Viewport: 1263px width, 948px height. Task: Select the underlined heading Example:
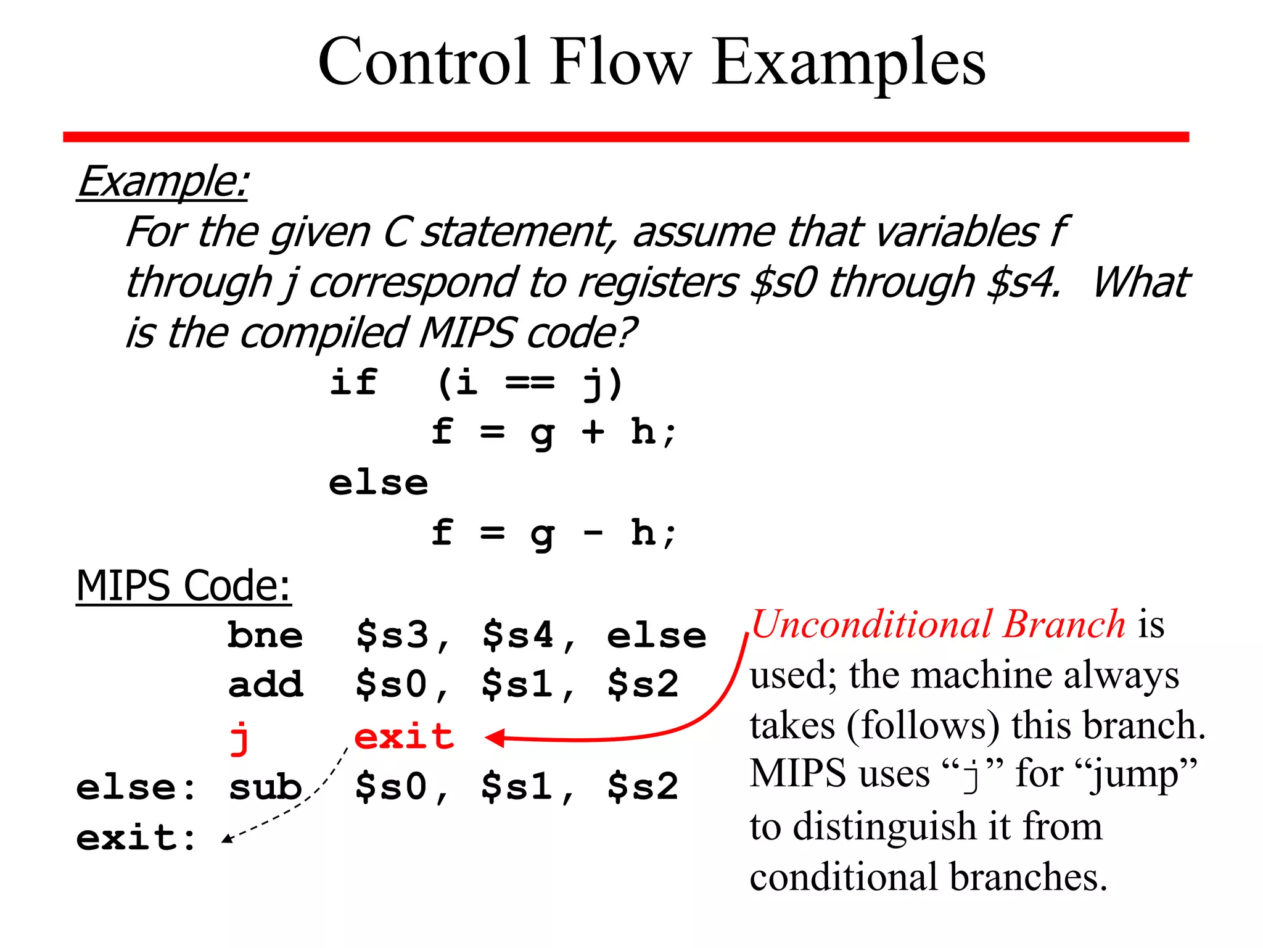click(163, 181)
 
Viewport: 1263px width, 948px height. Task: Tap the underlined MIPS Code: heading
click(183, 585)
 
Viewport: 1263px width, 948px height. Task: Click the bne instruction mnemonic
click(265, 635)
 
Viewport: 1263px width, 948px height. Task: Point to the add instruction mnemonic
click(266, 684)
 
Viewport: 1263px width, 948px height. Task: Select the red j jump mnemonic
click(240, 738)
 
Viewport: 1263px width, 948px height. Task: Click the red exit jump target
click(404, 736)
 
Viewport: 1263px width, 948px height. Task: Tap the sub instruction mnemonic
click(265, 787)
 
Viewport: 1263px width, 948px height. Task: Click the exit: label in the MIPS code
click(136, 838)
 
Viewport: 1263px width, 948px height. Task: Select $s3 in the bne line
click(392, 635)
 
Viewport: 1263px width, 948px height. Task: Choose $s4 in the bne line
click(518, 635)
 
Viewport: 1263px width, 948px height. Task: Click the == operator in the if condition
click(530, 383)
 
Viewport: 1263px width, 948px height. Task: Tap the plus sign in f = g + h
click(593, 431)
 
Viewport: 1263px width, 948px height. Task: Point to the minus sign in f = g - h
click(593, 532)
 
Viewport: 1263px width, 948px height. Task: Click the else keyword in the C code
click(378, 483)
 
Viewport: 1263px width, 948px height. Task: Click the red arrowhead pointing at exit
click(495, 738)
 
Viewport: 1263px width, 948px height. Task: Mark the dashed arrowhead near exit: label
click(227, 838)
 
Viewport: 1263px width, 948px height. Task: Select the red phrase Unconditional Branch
click(938, 624)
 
